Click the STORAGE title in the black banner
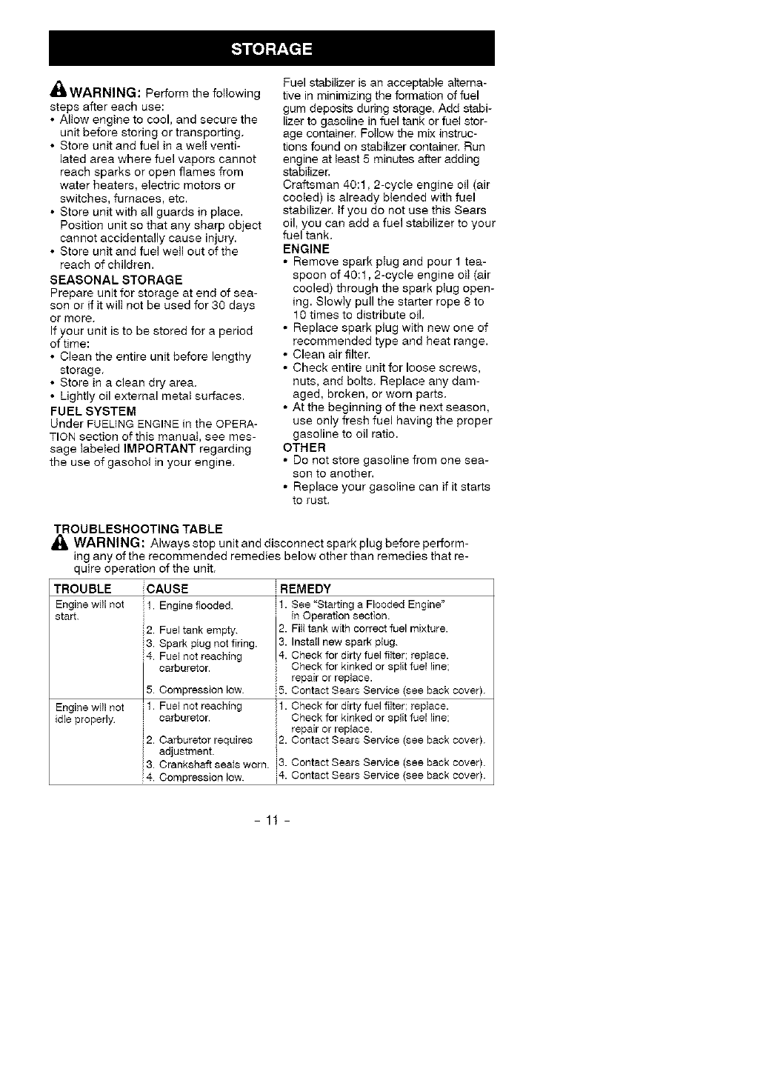(x=271, y=50)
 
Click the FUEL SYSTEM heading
(x=93, y=410)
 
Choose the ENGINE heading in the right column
(x=306, y=249)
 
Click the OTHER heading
(x=304, y=447)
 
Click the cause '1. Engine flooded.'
(x=190, y=606)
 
